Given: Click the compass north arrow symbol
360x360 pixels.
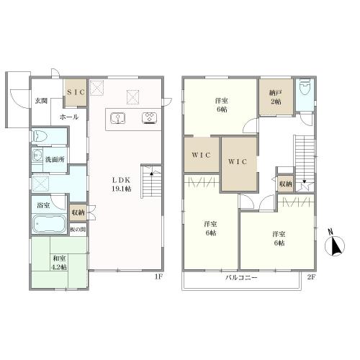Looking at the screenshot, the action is [335, 246].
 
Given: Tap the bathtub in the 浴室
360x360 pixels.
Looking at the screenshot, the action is [50, 224].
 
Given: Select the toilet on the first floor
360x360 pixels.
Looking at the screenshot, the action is [40, 137].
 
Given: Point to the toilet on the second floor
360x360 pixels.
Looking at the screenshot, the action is [305, 86].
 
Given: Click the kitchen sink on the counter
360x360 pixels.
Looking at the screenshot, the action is [118, 118].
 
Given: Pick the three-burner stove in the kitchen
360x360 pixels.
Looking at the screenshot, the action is [149, 118].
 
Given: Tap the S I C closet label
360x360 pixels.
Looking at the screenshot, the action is [76, 92].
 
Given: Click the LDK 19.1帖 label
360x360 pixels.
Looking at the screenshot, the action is [121, 184].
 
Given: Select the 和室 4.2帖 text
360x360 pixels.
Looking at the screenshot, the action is [60, 263].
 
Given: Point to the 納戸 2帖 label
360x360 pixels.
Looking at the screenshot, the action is [276, 97].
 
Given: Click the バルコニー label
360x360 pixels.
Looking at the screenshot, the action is [241, 278].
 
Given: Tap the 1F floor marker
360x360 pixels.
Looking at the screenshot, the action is [158, 276].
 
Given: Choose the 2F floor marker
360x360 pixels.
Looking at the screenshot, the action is [311, 277].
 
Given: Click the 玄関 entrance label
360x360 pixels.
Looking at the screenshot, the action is [41, 101].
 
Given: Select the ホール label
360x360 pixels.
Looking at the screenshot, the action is [69, 117].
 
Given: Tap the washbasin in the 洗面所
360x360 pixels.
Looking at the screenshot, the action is [37, 156].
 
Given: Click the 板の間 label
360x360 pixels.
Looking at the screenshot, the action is [78, 230].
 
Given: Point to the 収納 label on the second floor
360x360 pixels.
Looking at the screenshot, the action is [285, 184].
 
